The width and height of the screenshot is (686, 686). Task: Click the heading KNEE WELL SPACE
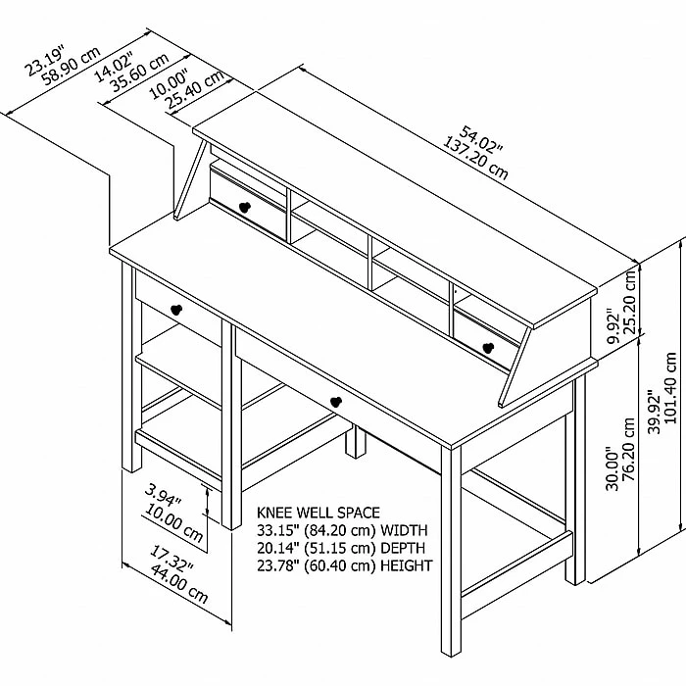[318, 513]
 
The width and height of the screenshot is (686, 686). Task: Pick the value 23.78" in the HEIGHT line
[278, 565]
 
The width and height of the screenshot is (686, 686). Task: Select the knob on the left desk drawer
[176, 310]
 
